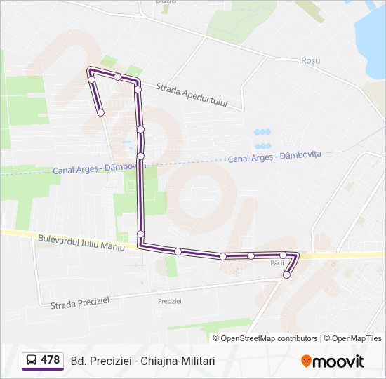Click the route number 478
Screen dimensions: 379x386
tap(50, 360)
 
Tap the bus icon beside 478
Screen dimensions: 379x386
tap(32, 360)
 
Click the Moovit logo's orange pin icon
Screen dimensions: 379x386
tap(306, 361)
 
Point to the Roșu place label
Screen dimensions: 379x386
tap(310, 60)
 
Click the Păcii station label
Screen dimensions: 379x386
tap(277, 263)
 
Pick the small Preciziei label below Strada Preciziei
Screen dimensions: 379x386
tap(170, 300)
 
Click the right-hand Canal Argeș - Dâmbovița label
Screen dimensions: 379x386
tap(274, 157)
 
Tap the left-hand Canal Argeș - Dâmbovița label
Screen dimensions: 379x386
tap(98, 168)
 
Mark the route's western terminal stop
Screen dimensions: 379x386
tap(100, 112)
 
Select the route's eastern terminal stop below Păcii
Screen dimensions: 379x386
tap(286, 275)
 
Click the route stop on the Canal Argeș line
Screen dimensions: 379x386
tap(141, 156)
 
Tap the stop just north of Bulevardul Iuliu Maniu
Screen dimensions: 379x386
tap(141, 234)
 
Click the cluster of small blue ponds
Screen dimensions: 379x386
tap(262, 139)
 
